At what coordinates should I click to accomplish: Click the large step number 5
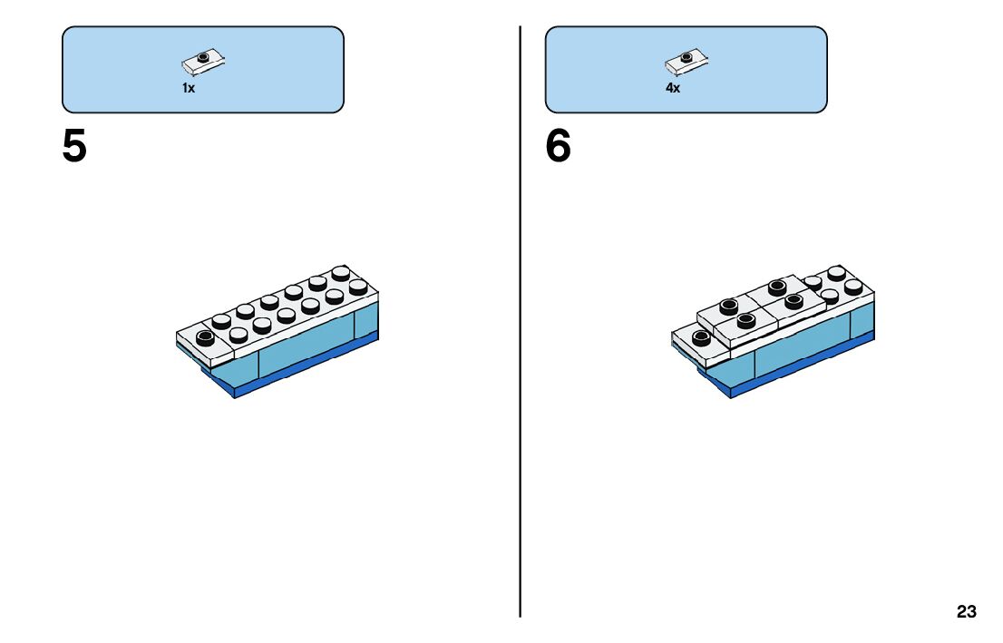74,147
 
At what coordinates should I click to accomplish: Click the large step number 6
559,147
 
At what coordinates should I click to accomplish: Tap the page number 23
966,612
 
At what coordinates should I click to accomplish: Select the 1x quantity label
189,89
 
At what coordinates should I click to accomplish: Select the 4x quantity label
672,89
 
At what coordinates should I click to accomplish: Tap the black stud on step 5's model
204,337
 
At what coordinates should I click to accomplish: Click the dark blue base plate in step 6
798,368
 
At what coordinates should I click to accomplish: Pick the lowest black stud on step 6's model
700,337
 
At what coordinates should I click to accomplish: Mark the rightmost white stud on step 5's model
359,287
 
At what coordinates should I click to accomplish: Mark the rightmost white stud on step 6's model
853,287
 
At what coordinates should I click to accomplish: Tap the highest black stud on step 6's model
777,287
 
